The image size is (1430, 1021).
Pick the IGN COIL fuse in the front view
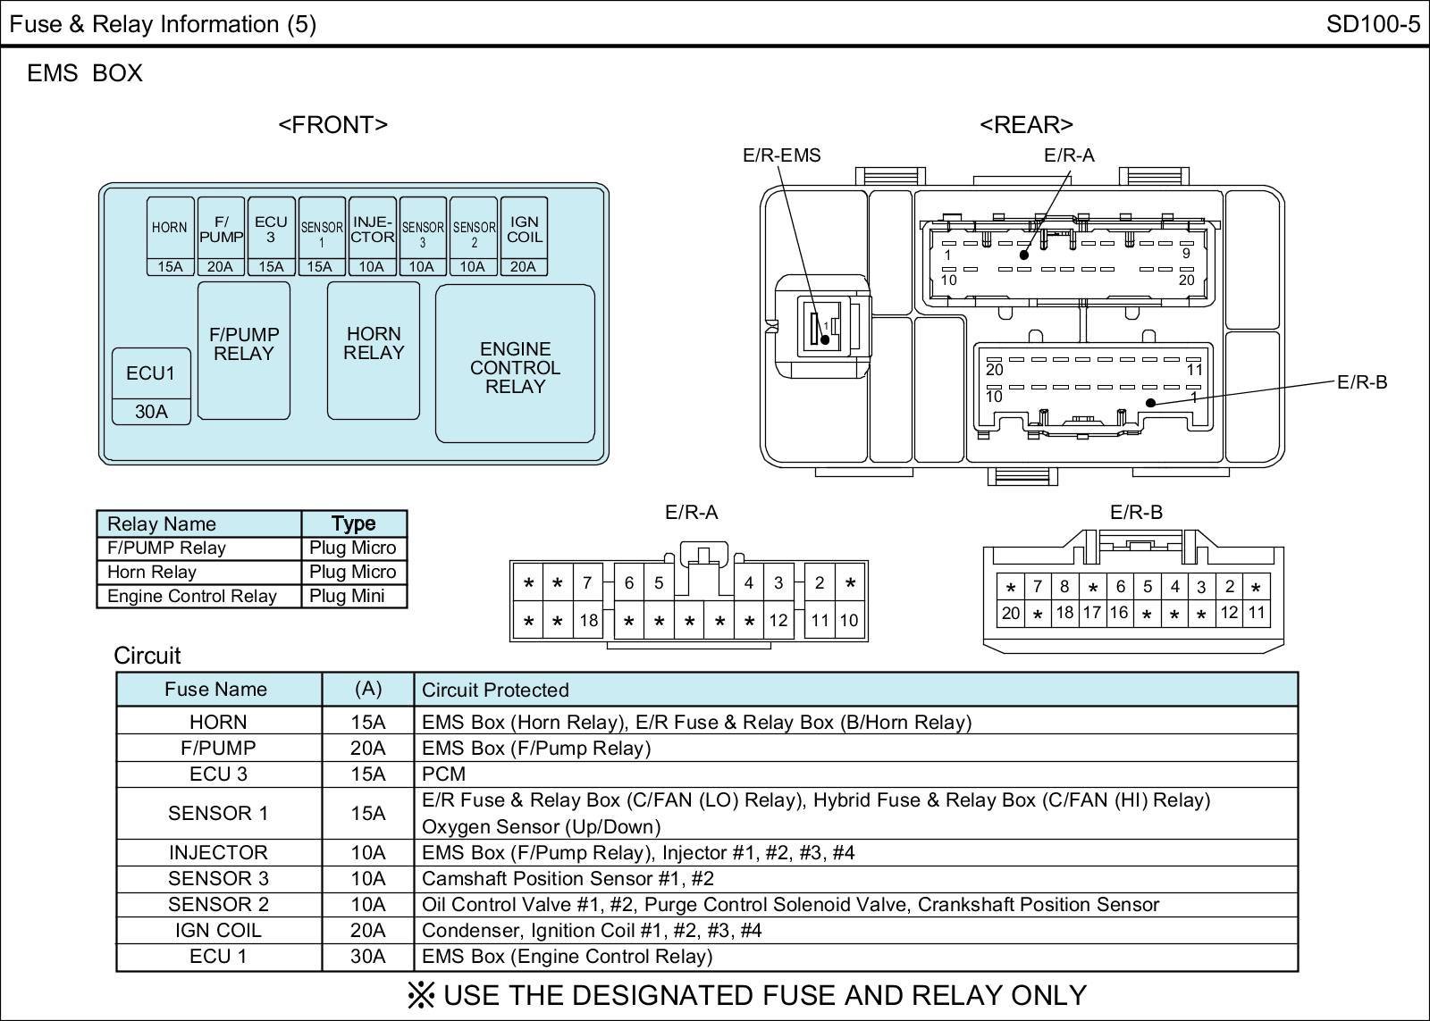tap(524, 237)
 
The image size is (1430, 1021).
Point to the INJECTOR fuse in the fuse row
tap(372, 237)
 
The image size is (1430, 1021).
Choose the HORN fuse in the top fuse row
tap(170, 237)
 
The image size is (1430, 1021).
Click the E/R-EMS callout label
tap(781, 155)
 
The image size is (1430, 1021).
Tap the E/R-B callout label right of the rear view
tap(1361, 382)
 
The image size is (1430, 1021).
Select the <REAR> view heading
tap(1026, 124)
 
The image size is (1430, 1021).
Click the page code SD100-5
tap(1373, 23)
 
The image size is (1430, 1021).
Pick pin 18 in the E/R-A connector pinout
tap(588, 620)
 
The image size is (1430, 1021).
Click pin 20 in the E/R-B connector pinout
tap(1011, 613)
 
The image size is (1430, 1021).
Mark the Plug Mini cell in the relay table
tap(347, 596)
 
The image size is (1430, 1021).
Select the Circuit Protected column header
tap(495, 690)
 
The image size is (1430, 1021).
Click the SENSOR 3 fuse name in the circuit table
tap(218, 878)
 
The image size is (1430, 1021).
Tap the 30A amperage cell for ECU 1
tap(367, 956)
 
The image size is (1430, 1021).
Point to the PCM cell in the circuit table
tap(443, 774)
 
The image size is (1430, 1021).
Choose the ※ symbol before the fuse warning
tap(421, 994)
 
